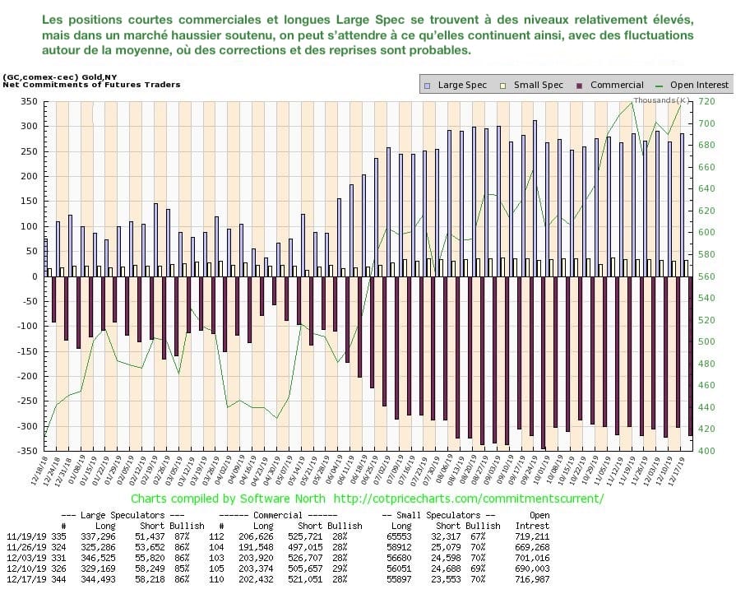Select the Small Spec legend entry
click(x=535, y=85)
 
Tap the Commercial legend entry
click(x=610, y=85)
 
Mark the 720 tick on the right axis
click(x=706, y=101)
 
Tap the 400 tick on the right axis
click(x=706, y=451)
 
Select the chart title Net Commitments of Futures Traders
click(x=91, y=84)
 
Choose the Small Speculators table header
click(x=440, y=515)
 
